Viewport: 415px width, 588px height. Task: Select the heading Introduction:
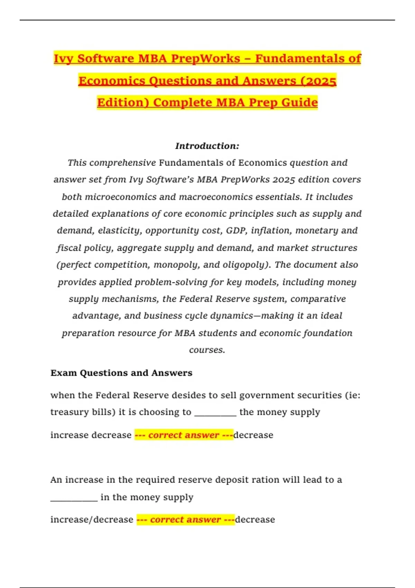pos(207,146)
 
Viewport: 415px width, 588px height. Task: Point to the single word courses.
pos(207,350)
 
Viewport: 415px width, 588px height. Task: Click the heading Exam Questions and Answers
pos(121,373)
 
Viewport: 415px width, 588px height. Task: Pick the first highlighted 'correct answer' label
pos(184,435)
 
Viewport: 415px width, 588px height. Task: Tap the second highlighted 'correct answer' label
pos(185,520)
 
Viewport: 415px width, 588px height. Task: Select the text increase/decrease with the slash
pos(92,520)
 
